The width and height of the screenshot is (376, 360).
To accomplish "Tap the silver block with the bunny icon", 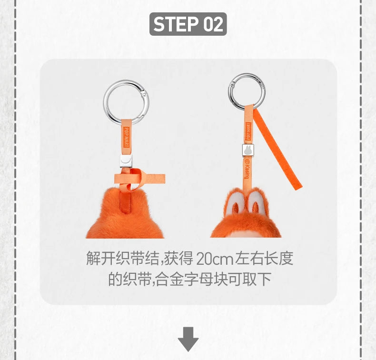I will [247, 150].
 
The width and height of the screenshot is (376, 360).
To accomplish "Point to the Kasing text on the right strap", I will [248, 171].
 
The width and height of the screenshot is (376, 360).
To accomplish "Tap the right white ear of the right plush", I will [257, 201].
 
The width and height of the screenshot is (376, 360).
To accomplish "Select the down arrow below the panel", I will [188, 339].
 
